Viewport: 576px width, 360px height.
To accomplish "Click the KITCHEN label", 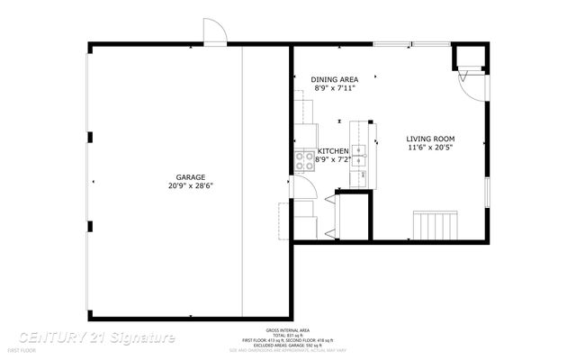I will tap(334, 150).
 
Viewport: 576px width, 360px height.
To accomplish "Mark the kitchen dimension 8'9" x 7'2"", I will tap(332, 159).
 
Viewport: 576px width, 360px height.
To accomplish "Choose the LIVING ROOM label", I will tap(431, 139).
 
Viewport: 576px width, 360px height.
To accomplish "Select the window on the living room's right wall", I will tap(487, 193).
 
